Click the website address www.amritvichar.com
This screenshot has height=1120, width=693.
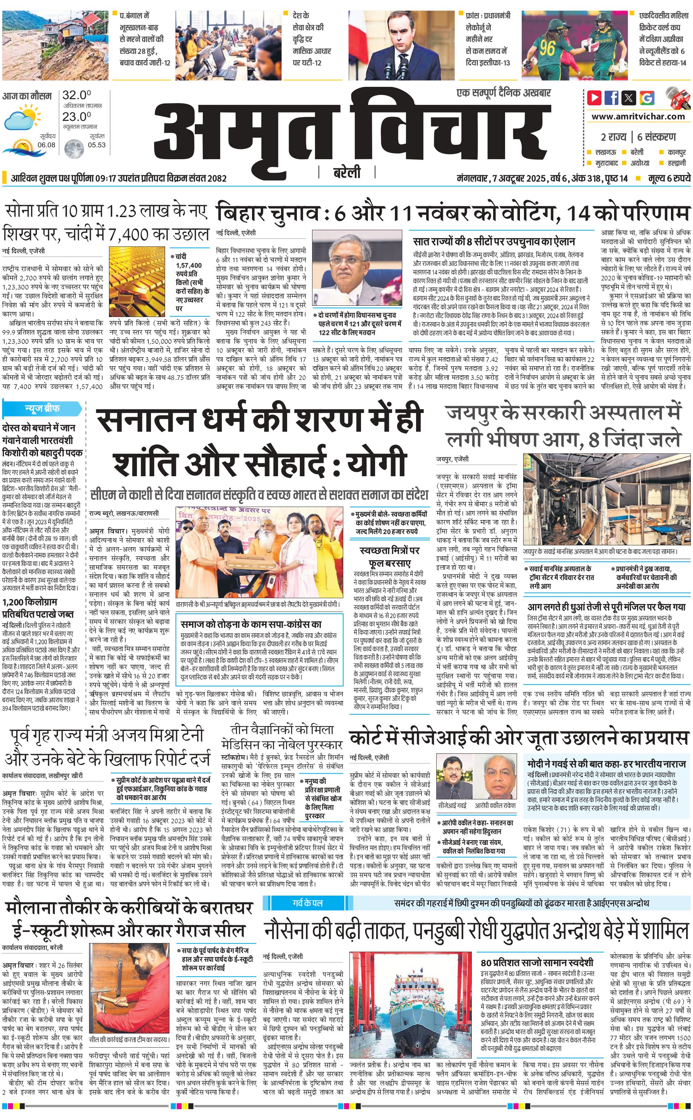click(x=638, y=117)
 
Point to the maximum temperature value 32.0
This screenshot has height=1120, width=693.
click(x=76, y=95)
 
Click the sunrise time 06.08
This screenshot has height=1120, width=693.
click(x=46, y=145)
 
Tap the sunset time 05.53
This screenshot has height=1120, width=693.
click(x=97, y=145)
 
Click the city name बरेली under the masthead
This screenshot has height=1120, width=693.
click(x=346, y=172)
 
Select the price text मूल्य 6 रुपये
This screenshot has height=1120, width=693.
click(x=669, y=178)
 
